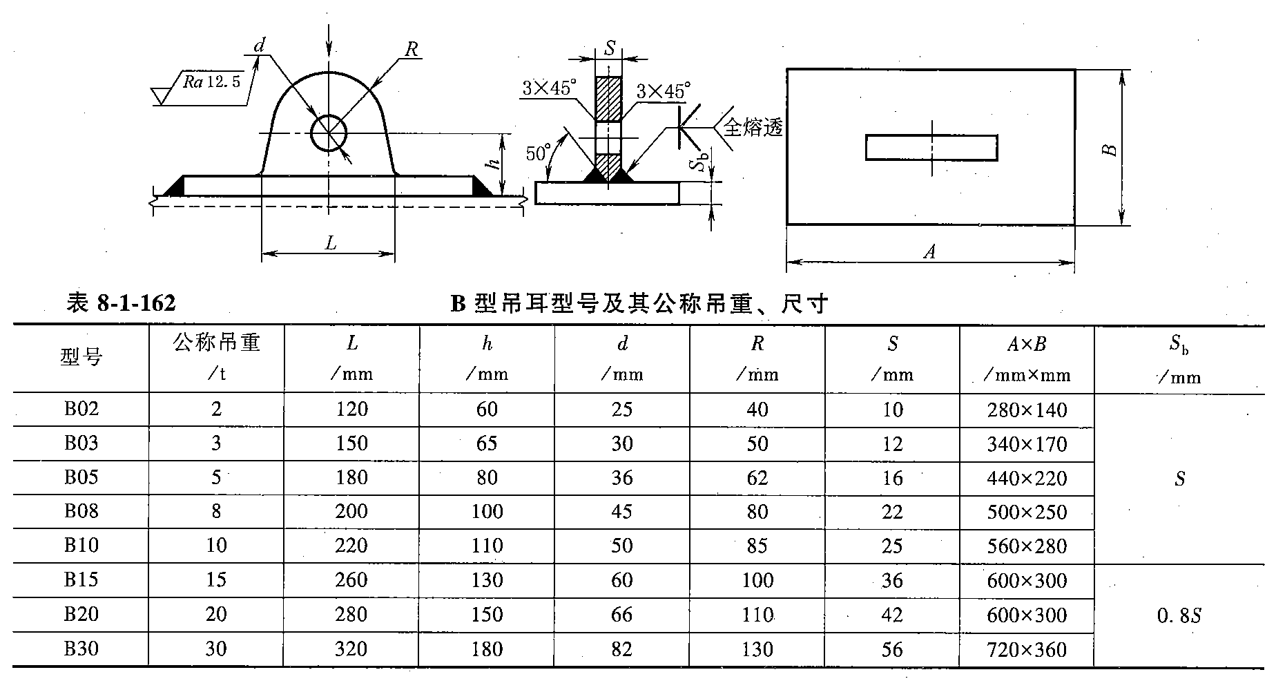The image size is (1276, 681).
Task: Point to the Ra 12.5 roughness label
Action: tap(211, 82)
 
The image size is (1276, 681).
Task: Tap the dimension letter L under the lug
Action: tap(331, 243)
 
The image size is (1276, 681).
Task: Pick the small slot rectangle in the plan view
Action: tap(931, 148)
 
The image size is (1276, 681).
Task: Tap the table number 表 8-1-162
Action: tap(121, 303)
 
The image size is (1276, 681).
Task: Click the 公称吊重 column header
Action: tap(216, 343)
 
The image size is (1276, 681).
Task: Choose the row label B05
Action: tap(81, 477)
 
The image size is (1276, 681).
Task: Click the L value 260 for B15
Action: tap(351, 579)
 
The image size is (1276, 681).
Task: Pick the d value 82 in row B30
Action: tap(622, 649)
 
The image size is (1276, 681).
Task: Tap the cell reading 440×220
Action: tap(1027, 478)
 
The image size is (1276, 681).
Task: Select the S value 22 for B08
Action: tap(892, 512)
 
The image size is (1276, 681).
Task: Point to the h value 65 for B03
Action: tap(487, 443)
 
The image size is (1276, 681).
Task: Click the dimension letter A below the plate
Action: tap(930, 252)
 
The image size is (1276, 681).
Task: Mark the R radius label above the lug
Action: tap(412, 49)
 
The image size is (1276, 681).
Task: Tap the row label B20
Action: tap(81, 614)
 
